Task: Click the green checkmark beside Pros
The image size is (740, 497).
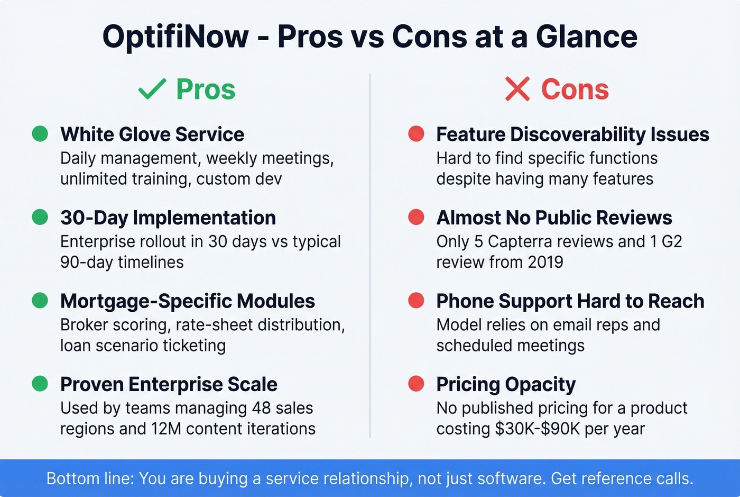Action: coord(152,89)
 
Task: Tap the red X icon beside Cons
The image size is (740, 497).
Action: coord(517,89)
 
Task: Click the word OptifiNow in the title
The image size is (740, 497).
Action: coord(175,37)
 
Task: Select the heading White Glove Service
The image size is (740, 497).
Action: coord(152,134)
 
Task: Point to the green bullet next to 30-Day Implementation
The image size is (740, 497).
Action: coord(40,217)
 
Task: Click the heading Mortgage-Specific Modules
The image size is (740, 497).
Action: coord(188,301)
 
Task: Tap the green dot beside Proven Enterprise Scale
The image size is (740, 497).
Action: coord(40,383)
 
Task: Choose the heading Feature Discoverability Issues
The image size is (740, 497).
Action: coord(572,134)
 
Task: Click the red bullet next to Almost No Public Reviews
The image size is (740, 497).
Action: coord(417,217)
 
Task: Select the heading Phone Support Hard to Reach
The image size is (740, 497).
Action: coord(570,301)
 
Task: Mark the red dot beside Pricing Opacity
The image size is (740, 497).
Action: coord(417,383)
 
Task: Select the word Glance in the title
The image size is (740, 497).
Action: coord(586,37)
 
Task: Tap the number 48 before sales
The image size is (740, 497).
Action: coord(262,408)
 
